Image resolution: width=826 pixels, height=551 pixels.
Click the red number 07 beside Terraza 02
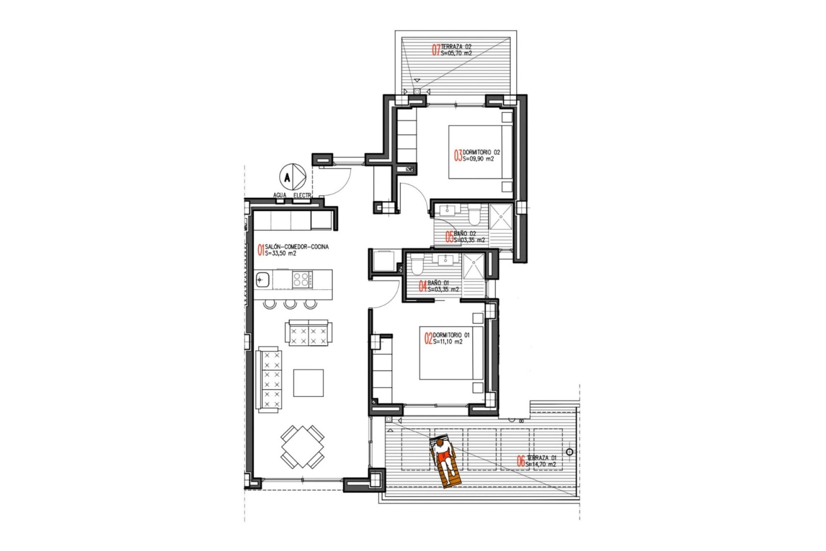[436, 50]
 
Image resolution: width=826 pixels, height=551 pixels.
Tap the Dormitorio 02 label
[481, 152]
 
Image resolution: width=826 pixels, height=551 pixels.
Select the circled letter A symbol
[287, 176]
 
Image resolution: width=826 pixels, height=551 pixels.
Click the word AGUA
[280, 195]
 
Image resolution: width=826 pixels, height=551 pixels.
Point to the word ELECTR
[302, 195]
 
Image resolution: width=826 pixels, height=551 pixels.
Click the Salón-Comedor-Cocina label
[297, 247]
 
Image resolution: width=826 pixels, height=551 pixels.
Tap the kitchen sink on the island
[262, 280]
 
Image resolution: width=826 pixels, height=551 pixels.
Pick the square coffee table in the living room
[308, 383]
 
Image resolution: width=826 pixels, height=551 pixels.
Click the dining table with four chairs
[302, 447]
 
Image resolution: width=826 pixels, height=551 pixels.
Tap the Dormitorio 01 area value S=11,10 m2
[448, 342]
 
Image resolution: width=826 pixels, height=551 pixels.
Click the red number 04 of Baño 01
[423, 286]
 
